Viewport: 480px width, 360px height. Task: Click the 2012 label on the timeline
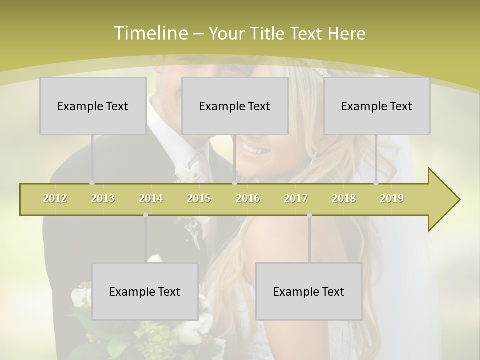point(55,198)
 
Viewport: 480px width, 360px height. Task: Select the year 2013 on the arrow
point(103,198)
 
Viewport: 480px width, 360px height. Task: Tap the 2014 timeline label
point(151,198)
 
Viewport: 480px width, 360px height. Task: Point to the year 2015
point(199,198)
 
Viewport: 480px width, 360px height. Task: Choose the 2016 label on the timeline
point(248,198)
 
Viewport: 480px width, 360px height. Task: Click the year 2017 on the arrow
point(296,198)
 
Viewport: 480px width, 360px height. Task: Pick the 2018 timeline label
point(344,198)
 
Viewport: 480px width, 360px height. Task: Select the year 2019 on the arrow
point(392,198)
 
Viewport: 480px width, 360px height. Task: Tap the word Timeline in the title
point(150,33)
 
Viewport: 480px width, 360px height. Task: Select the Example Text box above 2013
point(93,106)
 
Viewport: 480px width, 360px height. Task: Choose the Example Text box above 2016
point(235,106)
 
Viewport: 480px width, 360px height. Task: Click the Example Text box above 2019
point(377,106)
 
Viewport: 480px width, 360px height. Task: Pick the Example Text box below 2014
point(145,291)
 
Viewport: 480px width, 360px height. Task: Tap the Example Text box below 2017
point(309,291)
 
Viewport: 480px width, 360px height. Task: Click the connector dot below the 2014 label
point(145,215)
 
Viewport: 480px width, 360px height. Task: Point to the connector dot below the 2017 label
point(309,215)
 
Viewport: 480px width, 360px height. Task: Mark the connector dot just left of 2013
point(92,183)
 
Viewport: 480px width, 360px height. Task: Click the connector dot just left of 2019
point(376,183)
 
